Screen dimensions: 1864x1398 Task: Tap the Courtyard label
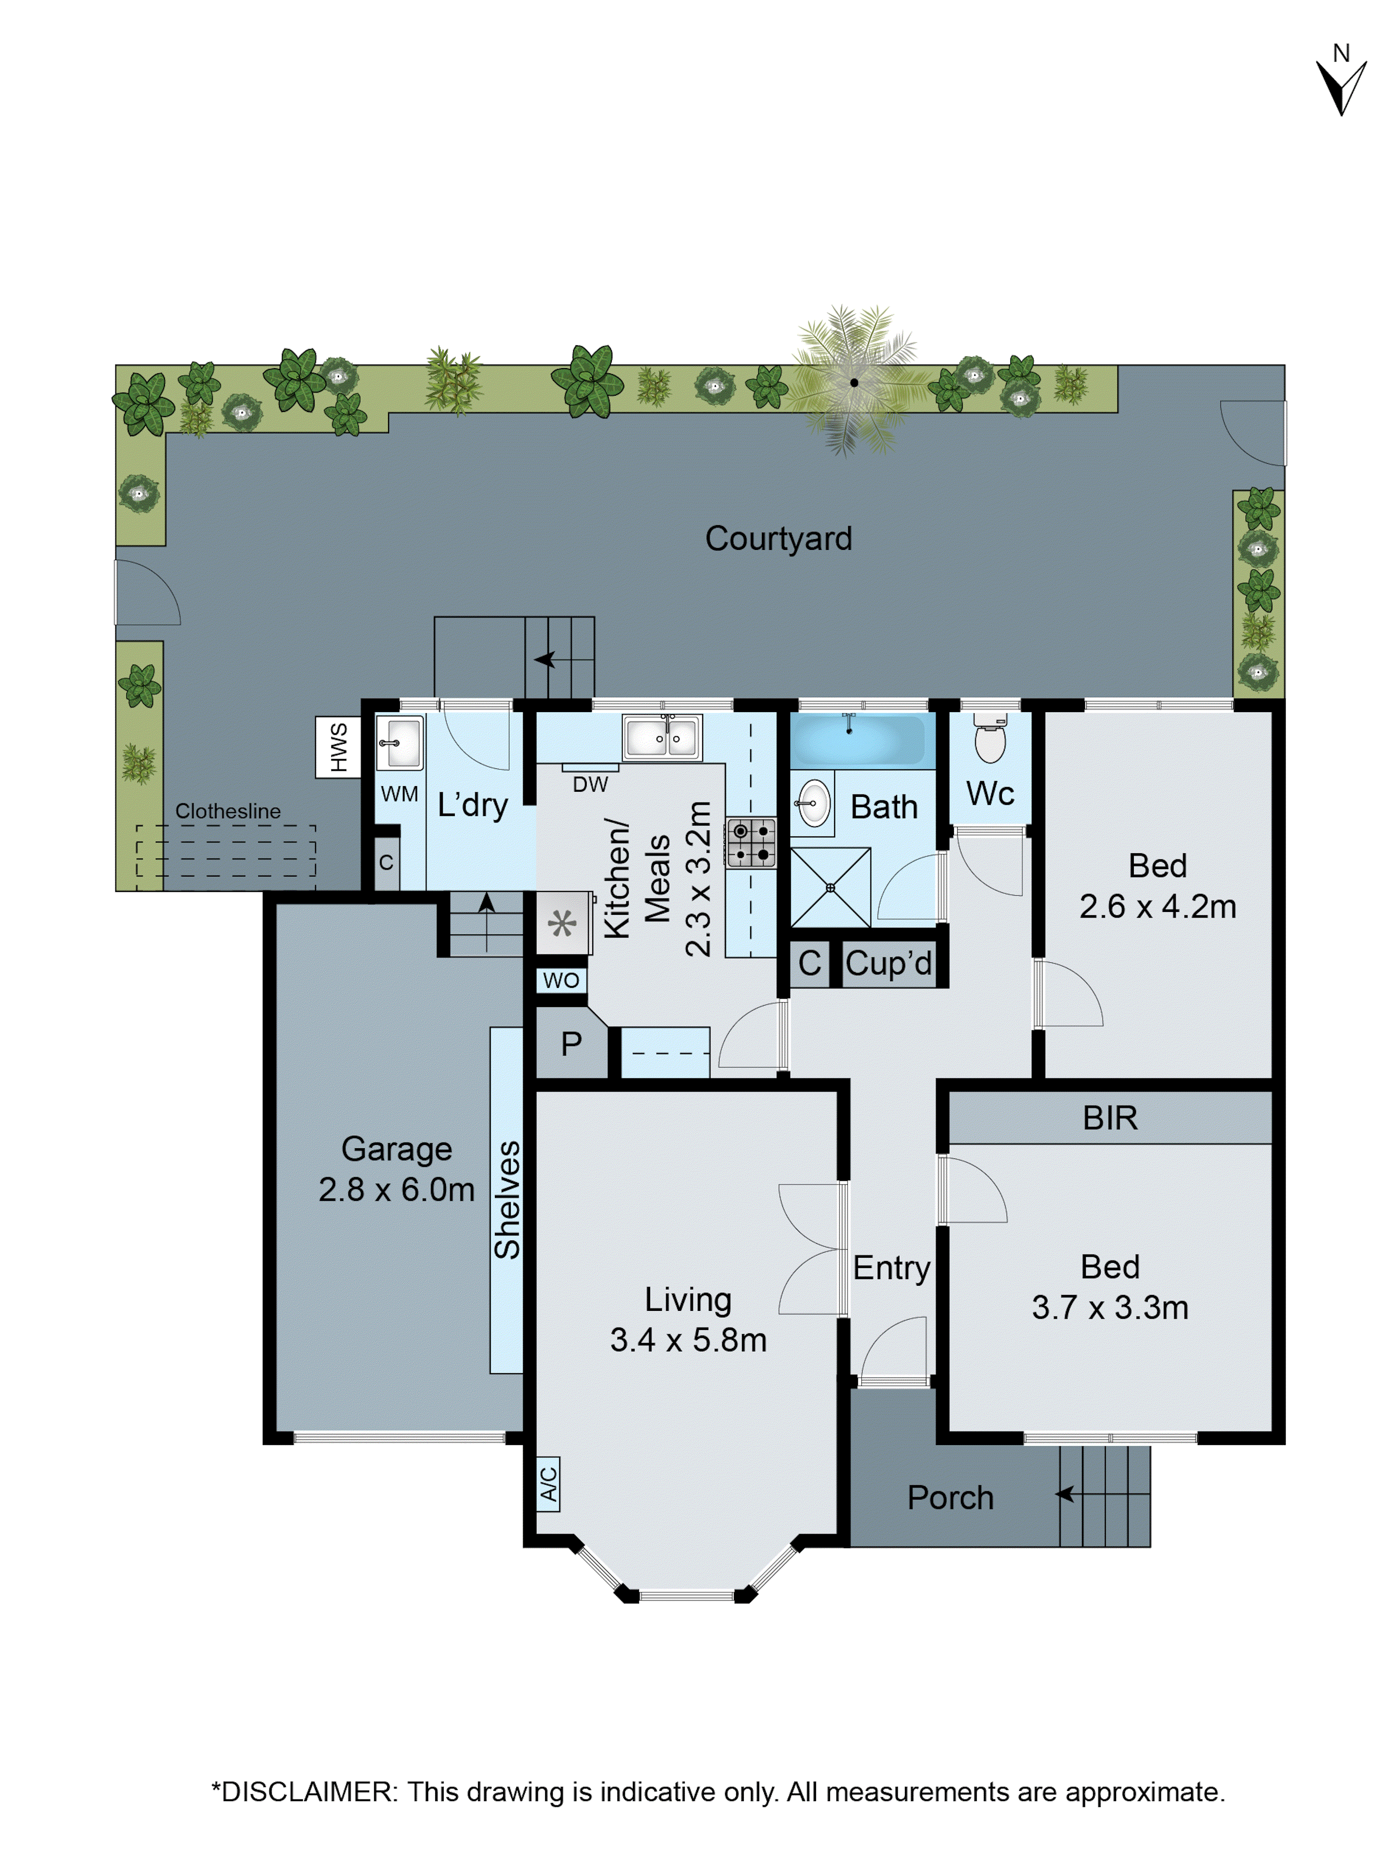click(x=778, y=539)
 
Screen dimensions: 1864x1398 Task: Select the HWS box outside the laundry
click(x=338, y=747)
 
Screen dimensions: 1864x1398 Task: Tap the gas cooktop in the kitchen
click(x=751, y=842)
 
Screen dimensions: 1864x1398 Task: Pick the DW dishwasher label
click(x=590, y=785)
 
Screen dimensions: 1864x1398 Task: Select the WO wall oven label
click(x=561, y=980)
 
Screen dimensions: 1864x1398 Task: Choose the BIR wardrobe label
click(x=1110, y=1118)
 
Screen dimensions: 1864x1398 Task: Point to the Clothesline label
click(x=227, y=811)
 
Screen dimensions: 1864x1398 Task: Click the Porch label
click(x=950, y=1497)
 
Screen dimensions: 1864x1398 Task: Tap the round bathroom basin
click(x=812, y=803)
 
